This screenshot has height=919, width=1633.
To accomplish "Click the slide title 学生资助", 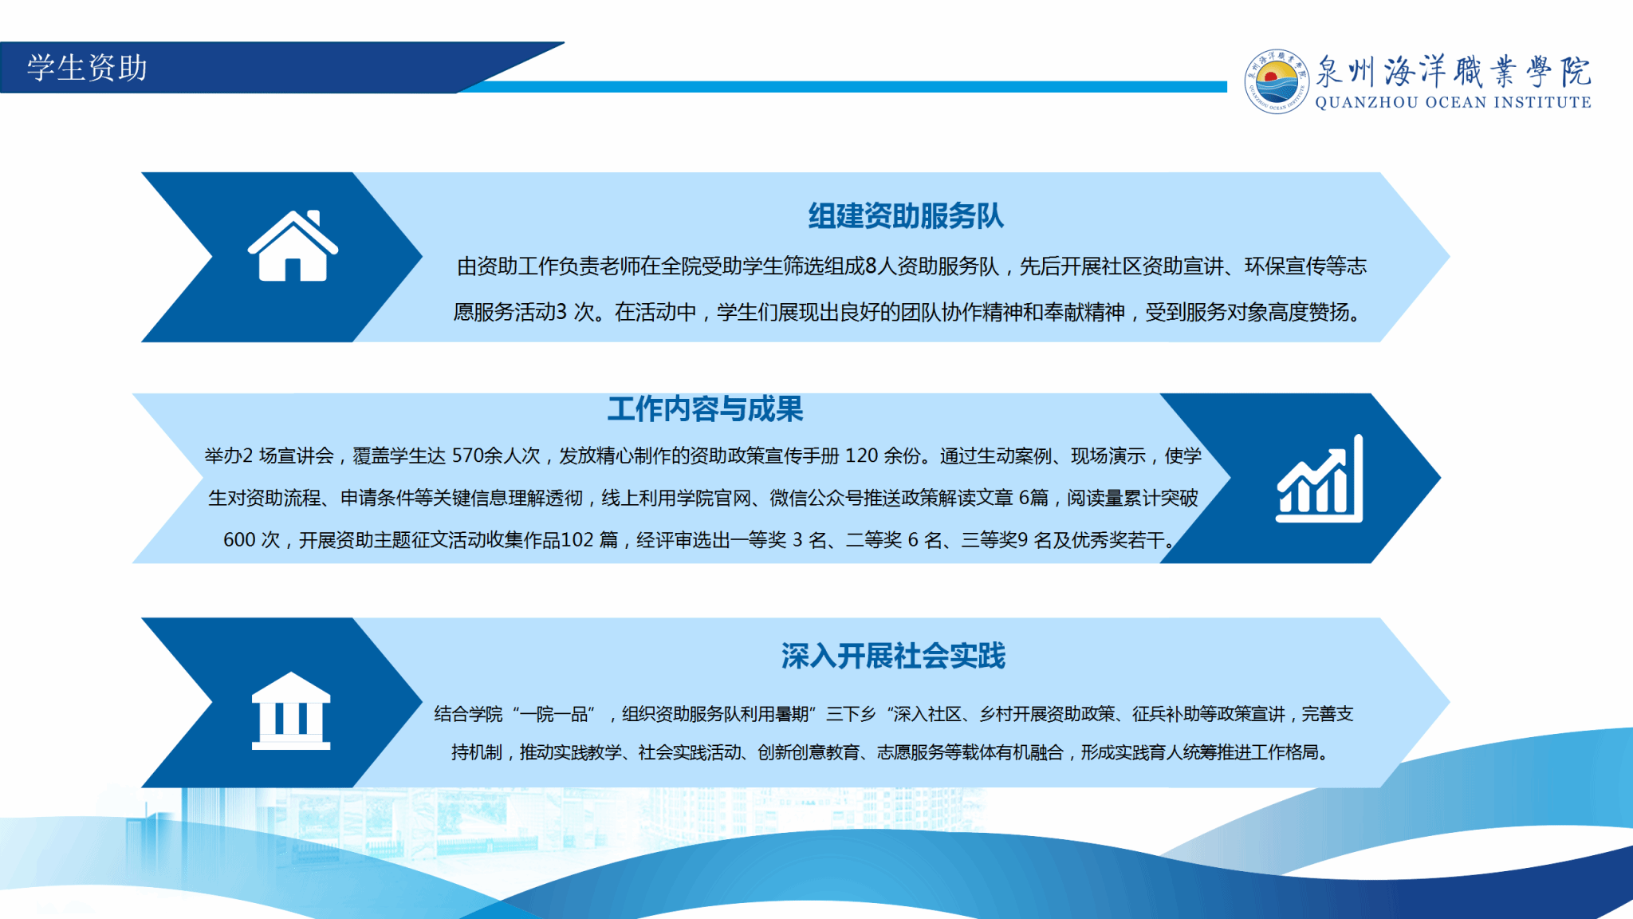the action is pos(87,68).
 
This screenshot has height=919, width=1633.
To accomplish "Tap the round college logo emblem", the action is pos(1277,81).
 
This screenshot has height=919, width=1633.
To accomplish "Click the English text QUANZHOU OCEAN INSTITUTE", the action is pos(1453,102).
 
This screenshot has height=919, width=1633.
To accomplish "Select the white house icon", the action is pos(293,245).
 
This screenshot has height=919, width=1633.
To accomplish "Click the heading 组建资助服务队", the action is pos(906,216).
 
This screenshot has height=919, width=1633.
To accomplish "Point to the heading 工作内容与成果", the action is pos(705,409).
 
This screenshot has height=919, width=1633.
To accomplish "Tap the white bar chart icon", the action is pos(1319,479).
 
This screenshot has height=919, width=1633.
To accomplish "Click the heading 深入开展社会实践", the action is pos(893,656).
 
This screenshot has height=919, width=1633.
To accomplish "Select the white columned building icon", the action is pos(291,710).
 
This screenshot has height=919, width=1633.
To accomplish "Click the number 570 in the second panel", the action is pos(468,456).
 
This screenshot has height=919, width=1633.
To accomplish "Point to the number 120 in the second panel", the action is pos(861,456).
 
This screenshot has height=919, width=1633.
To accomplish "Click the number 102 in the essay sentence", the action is pos(577,540).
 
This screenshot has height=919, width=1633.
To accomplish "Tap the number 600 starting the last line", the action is pos(239,540).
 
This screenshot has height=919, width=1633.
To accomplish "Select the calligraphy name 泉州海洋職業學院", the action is pos(1453,71).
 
